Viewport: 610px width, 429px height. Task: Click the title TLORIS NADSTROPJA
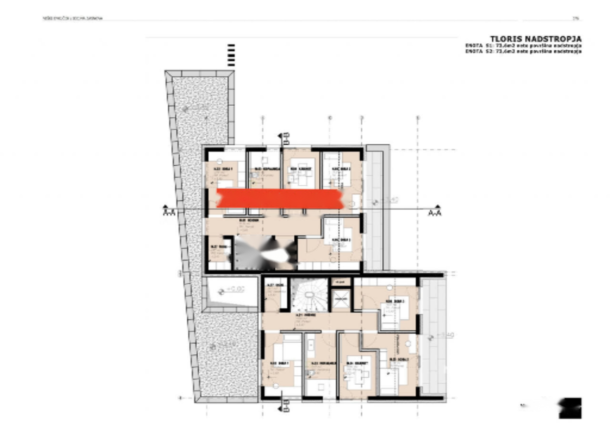pos(536,39)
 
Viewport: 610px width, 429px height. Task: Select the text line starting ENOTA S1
pos(523,46)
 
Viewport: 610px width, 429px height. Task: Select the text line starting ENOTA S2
pos(523,51)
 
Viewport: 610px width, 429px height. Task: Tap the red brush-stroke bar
pos(280,199)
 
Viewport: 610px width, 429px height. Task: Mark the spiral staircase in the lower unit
pos(310,295)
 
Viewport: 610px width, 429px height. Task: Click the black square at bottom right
pos(570,408)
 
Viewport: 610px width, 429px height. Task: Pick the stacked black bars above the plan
pos(232,55)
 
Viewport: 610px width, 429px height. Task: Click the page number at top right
pos(576,19)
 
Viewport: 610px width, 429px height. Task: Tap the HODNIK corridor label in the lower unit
pos(301,315)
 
